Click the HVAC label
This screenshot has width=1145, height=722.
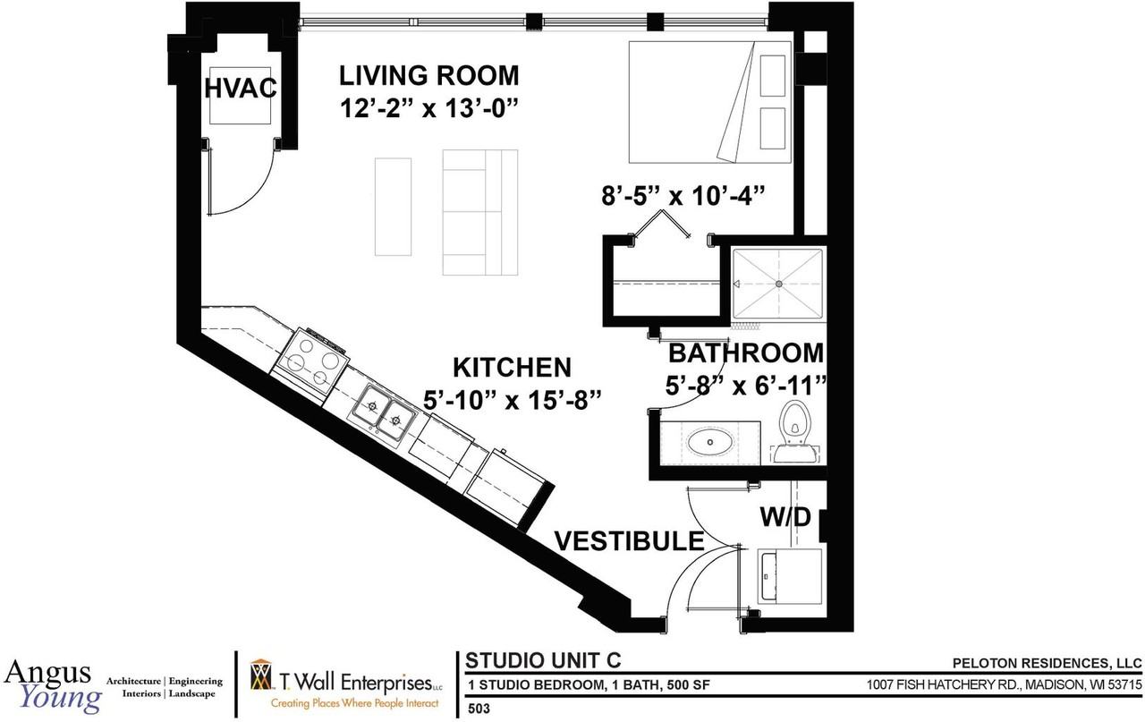click(239, 88)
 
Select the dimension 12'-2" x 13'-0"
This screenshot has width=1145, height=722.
click(429, 108)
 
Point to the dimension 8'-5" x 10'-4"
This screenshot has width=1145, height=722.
click(686, 194)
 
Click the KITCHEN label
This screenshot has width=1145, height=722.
click(511, 368)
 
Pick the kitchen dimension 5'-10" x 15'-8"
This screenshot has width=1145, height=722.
click(511, 399)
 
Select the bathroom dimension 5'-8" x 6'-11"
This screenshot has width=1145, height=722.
click(746, 385)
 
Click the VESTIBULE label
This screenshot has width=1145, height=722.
click(629, 541)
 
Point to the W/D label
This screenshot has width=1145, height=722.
click(785, 517)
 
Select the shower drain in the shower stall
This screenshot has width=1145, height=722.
click(778, 284)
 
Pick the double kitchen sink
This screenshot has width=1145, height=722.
click(382, 412)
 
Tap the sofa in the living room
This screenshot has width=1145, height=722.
click(480, 212)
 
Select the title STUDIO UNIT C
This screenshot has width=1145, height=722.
click(543, 660)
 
